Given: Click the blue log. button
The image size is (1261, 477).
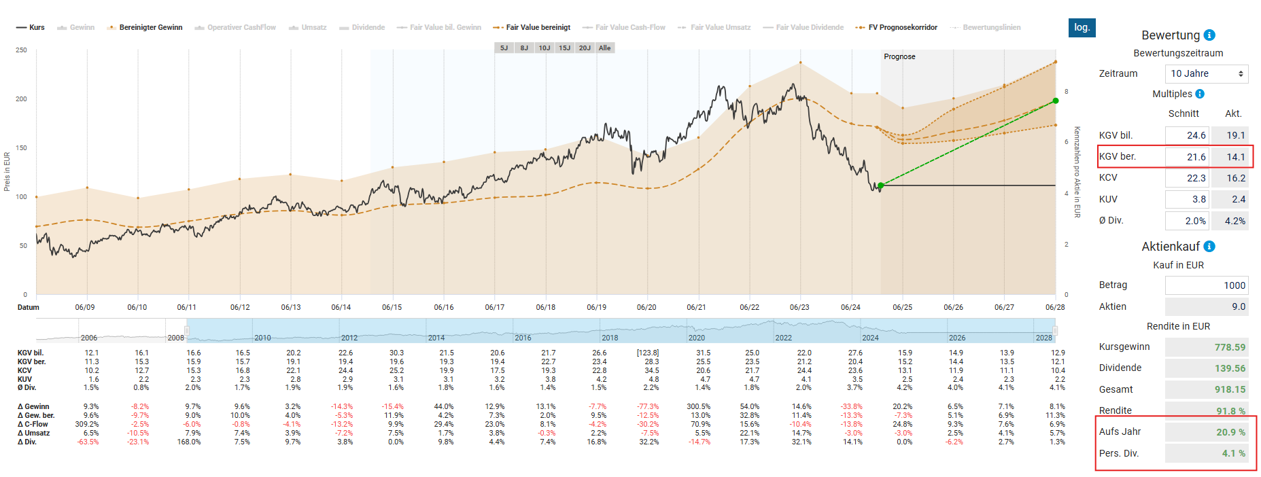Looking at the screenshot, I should pos(1082,27).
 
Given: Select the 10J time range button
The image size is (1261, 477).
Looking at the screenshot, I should pos(544,48).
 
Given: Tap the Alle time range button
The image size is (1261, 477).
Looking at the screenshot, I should pos(604,48).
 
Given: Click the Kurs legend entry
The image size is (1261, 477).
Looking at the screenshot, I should pos(31,27).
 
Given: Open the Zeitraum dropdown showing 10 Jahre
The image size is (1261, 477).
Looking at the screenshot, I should pos(1207,73).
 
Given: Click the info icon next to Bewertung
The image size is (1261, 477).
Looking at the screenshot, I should pos(1209,35).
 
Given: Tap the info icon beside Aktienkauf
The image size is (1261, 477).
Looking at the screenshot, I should pos(1209,247).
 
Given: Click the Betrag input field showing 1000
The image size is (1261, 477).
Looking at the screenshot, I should pos(1207,285).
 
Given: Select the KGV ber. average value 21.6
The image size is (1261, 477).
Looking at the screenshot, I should pos(1188,157).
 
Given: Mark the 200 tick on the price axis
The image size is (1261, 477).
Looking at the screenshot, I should pos(21,99).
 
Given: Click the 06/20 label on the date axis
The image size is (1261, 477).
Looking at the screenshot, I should pos(646,307).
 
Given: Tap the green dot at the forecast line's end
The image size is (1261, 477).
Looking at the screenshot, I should pos(1056,101).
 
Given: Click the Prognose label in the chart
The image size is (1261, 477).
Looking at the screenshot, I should pos(899,56).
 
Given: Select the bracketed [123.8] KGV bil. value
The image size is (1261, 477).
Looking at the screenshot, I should pos(647,353).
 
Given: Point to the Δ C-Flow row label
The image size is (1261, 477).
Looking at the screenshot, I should pos(33,424).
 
